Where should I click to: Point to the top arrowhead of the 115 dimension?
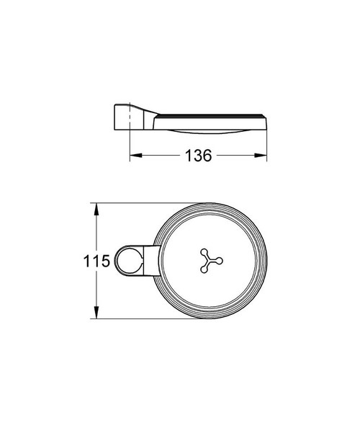[x=94, y=207]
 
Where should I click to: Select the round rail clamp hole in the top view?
[x=129, y=261]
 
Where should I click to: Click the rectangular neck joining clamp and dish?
[x=149, y=261]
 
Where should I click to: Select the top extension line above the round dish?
[x=144, y=202]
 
